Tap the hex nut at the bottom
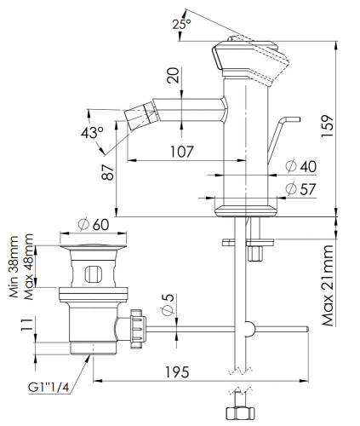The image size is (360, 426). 238,413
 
